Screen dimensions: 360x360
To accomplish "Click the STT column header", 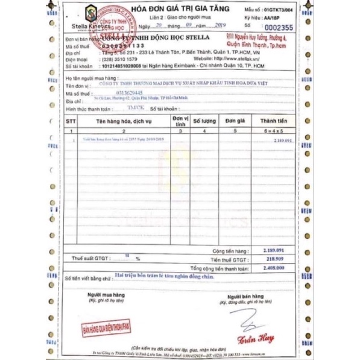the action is (x=71, y=122).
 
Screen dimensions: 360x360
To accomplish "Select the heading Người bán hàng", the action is (x=247, y=297).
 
